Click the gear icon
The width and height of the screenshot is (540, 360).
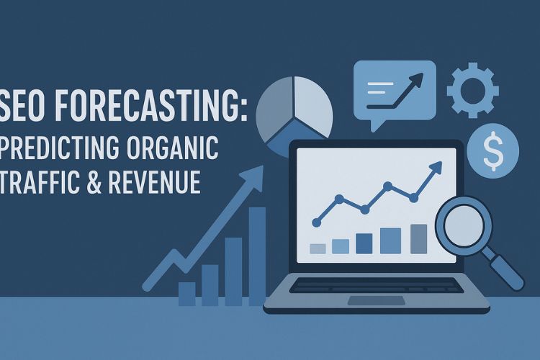tap(473, 90)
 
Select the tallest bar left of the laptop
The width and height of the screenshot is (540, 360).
tap(257, 256)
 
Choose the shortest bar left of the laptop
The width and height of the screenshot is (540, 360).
tap(186, 293)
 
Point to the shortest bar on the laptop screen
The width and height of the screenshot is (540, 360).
tap(318, 248)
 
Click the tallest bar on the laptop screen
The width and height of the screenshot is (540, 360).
tap(418, 238)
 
